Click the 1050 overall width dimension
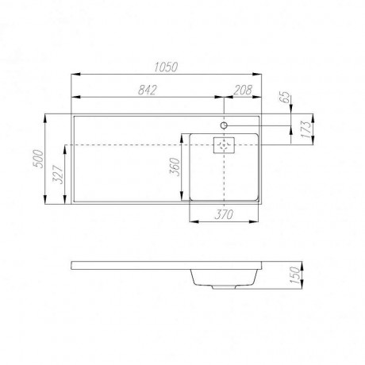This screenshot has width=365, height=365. tap(166, 67)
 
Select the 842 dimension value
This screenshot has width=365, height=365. tap(148, 90)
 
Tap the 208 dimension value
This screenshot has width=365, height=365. tap(243, 90)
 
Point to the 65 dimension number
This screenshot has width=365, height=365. tap(285, 97)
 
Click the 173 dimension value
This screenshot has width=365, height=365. tap(306, 129)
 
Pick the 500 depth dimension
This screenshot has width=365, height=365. tap(38, 159)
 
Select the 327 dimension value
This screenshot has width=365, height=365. tap(58, 175)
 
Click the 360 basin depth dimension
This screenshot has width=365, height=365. tap(175, 167)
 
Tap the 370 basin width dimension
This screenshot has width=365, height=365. tap(224, 214)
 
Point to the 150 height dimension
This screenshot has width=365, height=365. tap(295, 275)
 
